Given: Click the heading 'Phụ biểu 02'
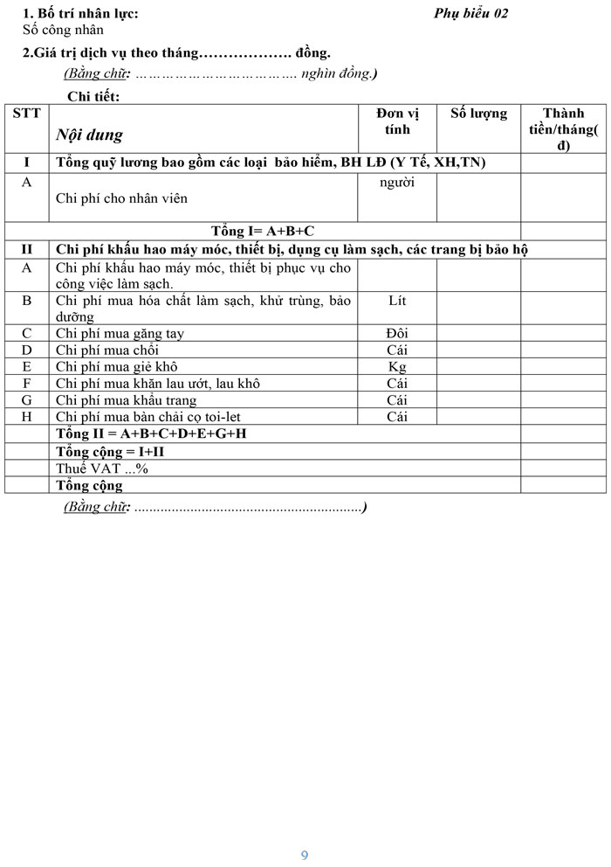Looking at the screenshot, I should tap(470, 13).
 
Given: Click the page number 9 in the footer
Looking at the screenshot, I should tap(304, 855).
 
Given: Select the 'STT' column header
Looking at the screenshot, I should tap(26, 114).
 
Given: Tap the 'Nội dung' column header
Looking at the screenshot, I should tap(89, 135).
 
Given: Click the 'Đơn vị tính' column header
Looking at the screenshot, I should tap(397, 121).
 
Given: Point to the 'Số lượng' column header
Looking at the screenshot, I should tap(478, 114).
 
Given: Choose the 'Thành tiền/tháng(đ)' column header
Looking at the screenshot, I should tap(563, 129).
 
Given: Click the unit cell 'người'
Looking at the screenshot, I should tap(397, 182).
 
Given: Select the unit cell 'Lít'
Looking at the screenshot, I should tap(397, 301).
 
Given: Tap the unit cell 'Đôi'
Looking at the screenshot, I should tap(397, 333).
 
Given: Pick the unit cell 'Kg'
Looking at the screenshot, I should tap(397, 366).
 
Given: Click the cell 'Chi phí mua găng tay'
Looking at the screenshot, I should tap(120, 333).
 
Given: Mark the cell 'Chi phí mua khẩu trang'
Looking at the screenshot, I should tap(126, 400).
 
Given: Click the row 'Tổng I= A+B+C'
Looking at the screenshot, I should tap(263, 231).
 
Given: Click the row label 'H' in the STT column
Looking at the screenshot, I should tap(26, 417).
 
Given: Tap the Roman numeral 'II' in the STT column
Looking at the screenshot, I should tap(26, 250).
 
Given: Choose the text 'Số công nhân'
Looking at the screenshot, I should tap(63, 30).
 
